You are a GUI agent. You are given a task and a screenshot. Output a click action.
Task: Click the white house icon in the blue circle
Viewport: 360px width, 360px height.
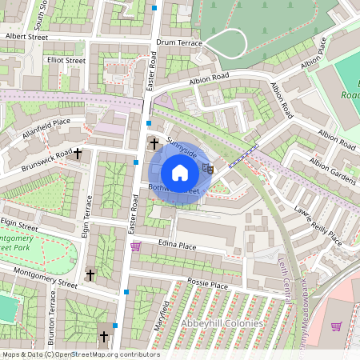(180, 172)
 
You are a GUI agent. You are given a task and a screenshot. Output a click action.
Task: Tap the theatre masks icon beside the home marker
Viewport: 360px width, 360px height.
(207, 168)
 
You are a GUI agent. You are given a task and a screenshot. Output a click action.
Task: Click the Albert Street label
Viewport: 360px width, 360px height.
(26, 37)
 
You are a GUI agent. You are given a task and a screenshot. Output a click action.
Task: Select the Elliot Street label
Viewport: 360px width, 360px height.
(66, 60)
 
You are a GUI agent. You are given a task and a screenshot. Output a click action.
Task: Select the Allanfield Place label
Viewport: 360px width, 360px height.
(47, 127)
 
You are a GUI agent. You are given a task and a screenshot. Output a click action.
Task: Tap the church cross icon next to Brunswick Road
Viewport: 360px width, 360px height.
(78, 152)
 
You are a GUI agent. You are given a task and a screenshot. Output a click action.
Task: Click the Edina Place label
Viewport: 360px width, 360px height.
(177, 245)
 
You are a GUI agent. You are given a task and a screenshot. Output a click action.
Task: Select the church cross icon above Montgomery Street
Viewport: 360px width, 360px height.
(90, 275)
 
